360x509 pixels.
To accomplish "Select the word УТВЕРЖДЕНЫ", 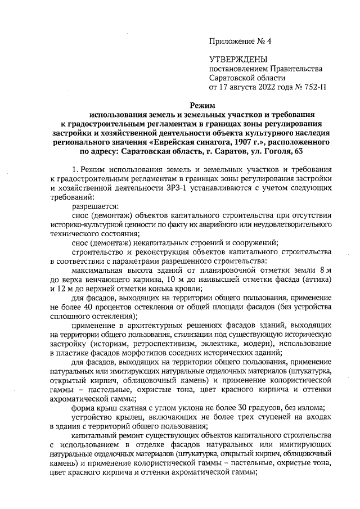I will pyautogui.click(x=238, y=59).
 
